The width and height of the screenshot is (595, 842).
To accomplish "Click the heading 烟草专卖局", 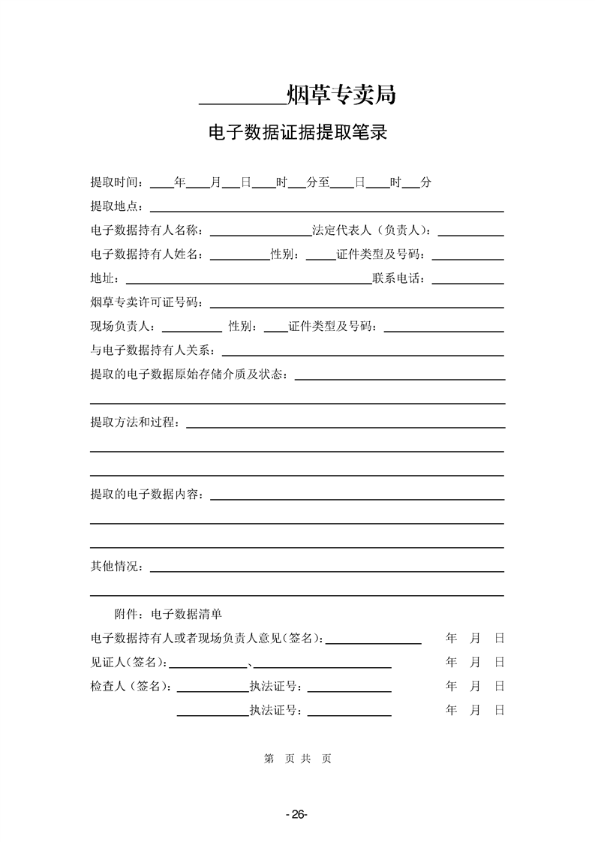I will [341, 95].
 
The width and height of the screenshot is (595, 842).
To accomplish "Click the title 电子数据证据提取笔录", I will [297, 134].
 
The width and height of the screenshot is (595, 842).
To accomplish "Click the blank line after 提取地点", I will [327, 209].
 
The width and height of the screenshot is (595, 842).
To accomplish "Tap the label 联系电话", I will [399, 279].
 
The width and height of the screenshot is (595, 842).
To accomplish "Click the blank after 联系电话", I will [467, 282].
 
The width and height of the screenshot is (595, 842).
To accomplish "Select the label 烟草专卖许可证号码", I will [147, 302].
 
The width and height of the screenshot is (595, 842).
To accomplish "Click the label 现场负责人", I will [123, 326].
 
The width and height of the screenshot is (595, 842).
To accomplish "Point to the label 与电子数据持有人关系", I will [153, 350].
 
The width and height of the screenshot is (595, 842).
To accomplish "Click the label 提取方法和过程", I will [135, 423].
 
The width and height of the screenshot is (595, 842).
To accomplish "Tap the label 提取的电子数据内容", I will [148, 495].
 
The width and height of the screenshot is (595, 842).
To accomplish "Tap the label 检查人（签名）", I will [131, 687].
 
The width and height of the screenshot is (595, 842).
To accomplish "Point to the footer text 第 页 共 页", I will [297, 759].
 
